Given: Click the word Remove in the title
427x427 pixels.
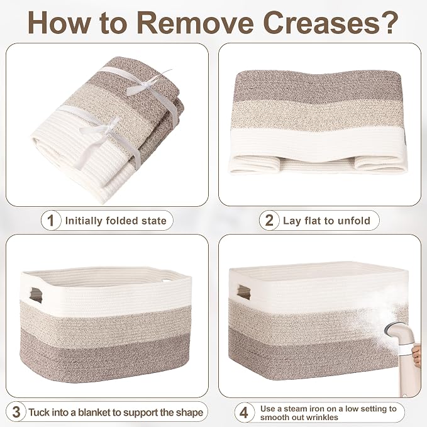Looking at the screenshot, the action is (195, 23).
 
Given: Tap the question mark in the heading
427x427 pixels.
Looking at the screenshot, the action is (389, 23).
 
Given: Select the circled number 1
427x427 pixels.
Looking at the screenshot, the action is (51, 220).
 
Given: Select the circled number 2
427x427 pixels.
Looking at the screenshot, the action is (269, 220).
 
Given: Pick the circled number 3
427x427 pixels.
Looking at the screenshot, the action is (16, 412).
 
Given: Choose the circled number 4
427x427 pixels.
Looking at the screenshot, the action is (244, 413).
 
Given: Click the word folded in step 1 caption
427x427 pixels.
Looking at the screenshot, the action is (122, 220).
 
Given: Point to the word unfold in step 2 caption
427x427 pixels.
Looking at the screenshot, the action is (354, 220).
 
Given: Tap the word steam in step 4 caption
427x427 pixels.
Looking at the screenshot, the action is (295, 409).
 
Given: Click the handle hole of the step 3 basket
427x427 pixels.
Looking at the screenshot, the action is (36, 295).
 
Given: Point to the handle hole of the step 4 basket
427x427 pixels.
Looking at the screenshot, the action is (243, 292).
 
